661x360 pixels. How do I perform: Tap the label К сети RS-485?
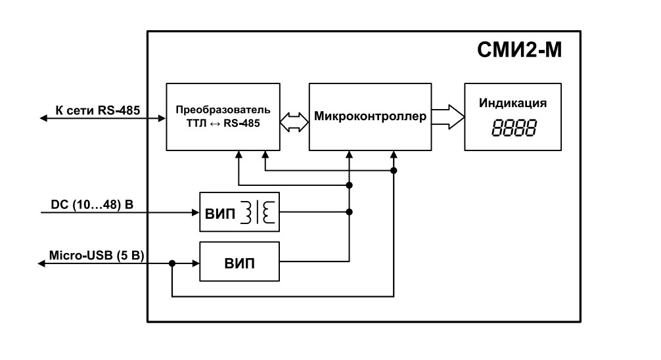[98, 110]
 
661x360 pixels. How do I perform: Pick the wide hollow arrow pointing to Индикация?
[447, 116]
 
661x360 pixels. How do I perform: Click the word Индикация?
[513, 103]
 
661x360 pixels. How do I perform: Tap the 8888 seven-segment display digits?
[513, 127]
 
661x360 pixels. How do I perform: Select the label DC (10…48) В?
[92, 204]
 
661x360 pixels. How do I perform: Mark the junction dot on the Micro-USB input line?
[171, 263]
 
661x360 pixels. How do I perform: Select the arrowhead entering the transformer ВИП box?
[195, 212]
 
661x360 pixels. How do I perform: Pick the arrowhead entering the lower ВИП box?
[195, 263]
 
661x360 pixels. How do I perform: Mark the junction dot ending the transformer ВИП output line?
[349, 212]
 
